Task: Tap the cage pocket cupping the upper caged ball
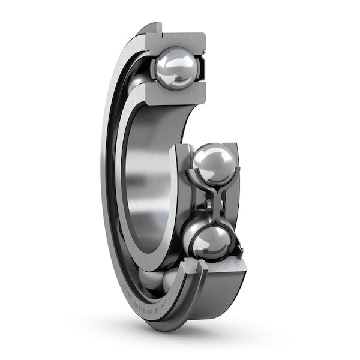point(195,180)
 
